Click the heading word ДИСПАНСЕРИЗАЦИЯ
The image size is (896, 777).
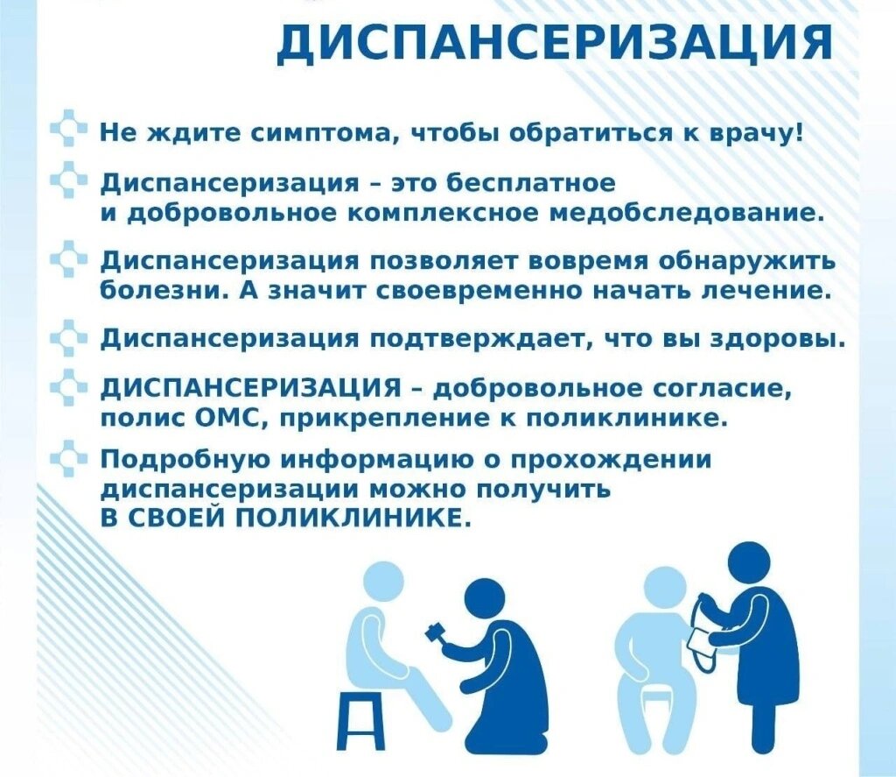[x=555, y=43]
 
